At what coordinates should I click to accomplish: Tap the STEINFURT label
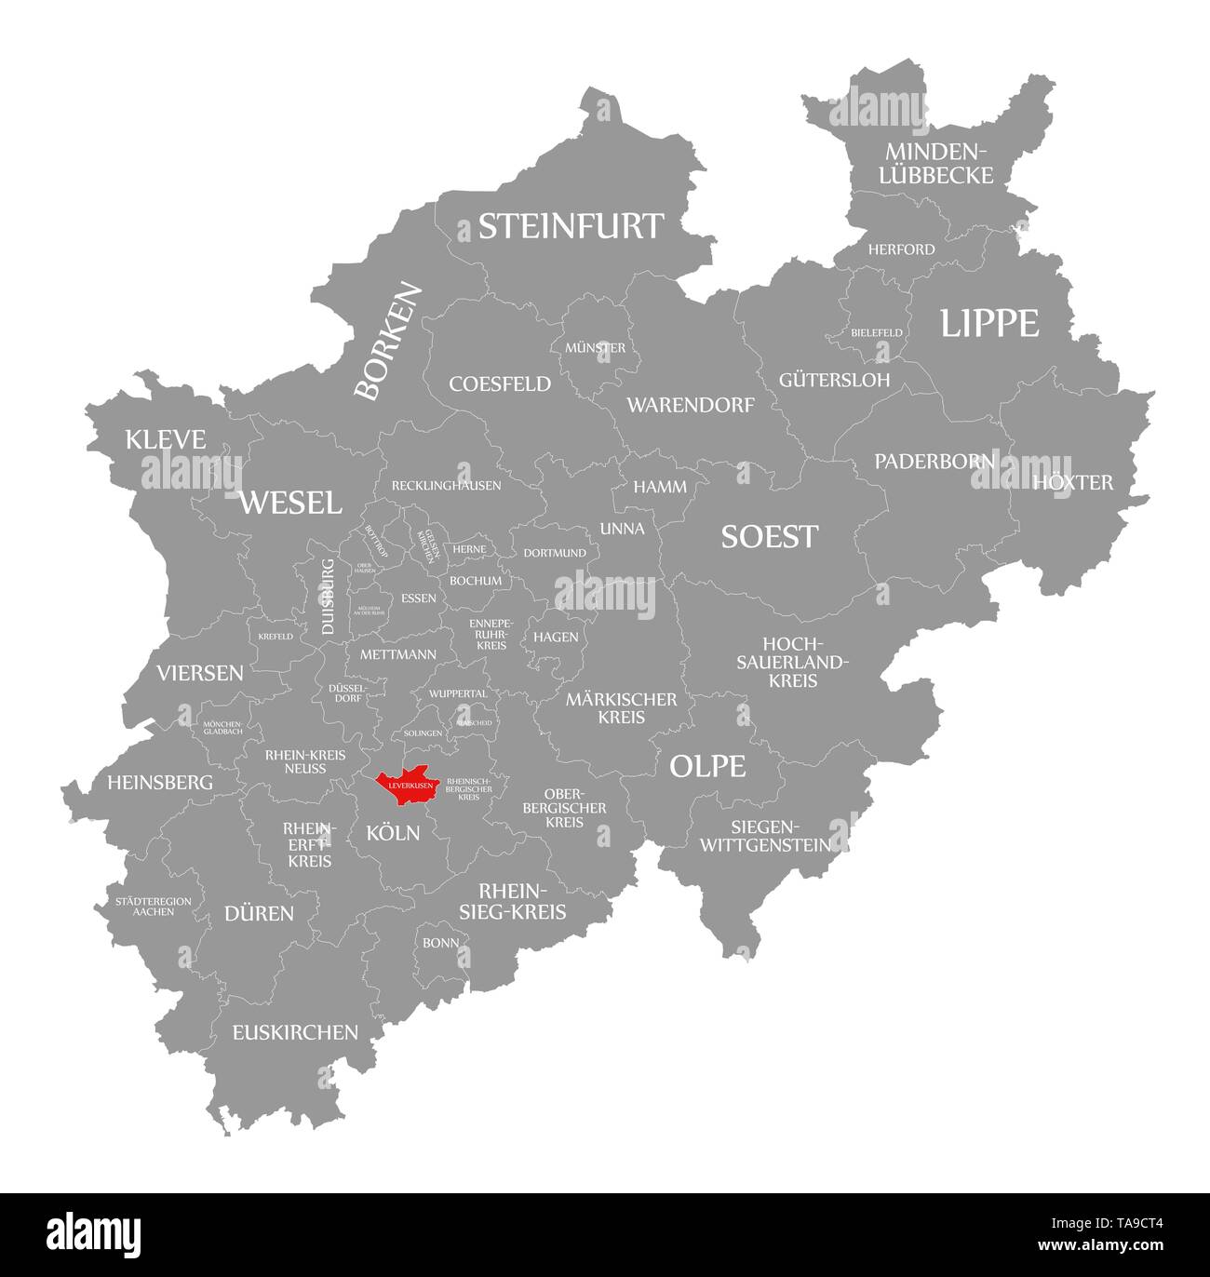click(571, 226)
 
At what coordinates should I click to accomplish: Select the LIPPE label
click(988, 323)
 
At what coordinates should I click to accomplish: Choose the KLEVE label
click(166, 439)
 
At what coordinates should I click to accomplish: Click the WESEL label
click(290, 503)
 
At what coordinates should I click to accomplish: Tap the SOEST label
click(770, 536)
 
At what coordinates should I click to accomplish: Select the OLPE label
click(707, 766)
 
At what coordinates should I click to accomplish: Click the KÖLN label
click(393, 833)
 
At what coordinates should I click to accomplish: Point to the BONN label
click(440, 942)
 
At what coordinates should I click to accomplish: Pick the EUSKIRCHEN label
click(295, 1031)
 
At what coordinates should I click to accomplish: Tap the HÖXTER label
click(1072, 482)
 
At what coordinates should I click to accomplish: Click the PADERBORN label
click(934, 461)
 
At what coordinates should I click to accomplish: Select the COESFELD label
click(500, 383)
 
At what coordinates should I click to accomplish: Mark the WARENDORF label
click(690, 405)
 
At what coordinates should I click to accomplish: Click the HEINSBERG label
click(160, 783)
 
